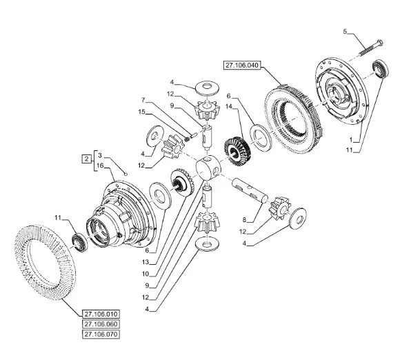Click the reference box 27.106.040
click(x=242, y=65)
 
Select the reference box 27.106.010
click(x=101, y=314)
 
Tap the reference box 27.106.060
click(x=101, y=324)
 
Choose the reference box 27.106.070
click(x=101, y=334)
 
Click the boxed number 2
click(x=86, y=159)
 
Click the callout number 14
click(x=229, y=106)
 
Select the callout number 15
click(x=141, y=112)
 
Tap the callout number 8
click(x=244, y=220)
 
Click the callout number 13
click(x=145, y=262)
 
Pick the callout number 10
click(x=145, y=274)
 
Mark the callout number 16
click(x=100, y=166)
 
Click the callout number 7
click(x=143, y=100)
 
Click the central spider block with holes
click(x=208, y=168)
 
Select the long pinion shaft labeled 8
click(x=250, y=190)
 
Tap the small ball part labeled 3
click(x=126, y=174)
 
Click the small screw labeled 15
click(x=190, y=137)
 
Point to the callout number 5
click(x=345, y=32)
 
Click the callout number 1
click(x=352, y=140)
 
